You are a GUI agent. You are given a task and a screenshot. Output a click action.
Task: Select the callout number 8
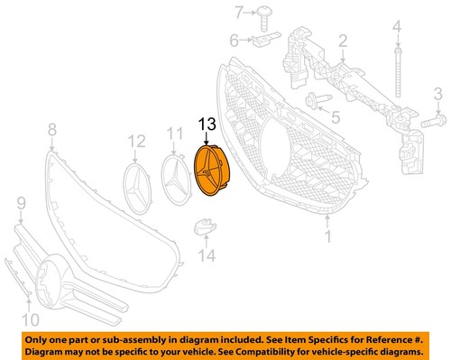[x=51, y=129]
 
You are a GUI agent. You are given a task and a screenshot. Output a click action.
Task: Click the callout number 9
[x=21, y=215]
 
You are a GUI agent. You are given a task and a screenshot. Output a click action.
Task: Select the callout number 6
[x=233, y=40]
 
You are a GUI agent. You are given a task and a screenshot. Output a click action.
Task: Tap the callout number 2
[x=342, y=40]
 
